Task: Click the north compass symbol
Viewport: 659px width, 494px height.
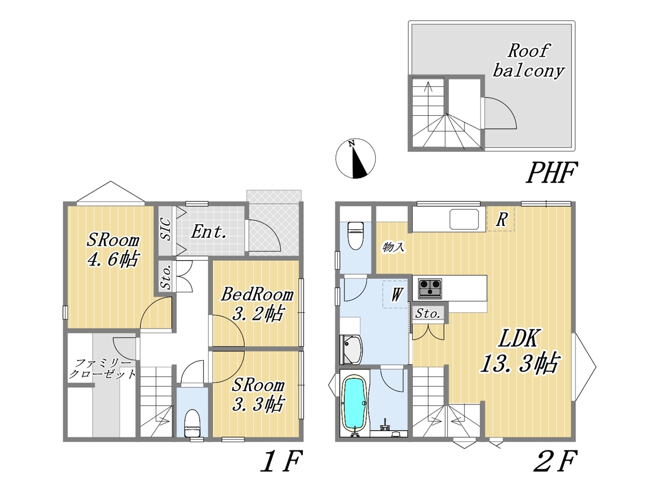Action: point(355,158)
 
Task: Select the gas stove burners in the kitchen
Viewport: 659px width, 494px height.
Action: point(430,289)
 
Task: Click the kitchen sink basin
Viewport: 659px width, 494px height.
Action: point(464,219)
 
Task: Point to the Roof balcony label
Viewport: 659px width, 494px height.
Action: point(528,61)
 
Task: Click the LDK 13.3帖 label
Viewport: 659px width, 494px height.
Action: point(520,351)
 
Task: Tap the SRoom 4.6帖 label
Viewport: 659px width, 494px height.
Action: point(113,250)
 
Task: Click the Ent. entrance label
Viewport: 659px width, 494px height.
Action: point(209,232)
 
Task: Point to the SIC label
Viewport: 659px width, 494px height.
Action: point(165,230)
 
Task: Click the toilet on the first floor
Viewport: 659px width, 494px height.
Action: point(192,423)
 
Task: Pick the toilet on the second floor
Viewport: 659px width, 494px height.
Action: point(355,236)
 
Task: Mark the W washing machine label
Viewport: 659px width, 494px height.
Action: point(396,294)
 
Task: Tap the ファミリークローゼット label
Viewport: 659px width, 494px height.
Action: point(102,369)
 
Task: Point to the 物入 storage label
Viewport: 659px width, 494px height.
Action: point(394,248)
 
